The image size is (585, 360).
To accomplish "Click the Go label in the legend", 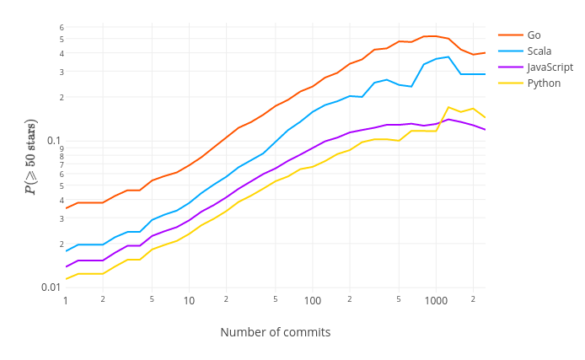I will (534, 35).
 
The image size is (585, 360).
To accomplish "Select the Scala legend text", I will (539, 51).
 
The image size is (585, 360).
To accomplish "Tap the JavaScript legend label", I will (550, 67).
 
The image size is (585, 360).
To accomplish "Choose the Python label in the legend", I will (544, 83).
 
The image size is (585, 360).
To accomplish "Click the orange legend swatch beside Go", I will (510, 35).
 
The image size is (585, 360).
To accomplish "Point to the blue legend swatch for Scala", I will (510, 51).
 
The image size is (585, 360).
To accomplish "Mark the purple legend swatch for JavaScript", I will (510, 67).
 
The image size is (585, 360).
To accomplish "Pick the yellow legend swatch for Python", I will (510, 83).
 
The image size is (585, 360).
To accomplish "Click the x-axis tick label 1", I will (65, 301).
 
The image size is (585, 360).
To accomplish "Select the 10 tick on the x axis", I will (189, 301).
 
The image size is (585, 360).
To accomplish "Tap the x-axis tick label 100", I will (313, 301).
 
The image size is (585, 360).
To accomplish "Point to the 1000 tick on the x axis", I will (436, 301).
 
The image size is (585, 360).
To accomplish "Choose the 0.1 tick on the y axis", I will (54, 141).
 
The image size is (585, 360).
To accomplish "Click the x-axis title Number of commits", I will (275, 332).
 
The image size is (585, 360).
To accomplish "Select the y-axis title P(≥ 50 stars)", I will (30, 157).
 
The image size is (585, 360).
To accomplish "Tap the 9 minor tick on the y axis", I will (61, 148).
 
